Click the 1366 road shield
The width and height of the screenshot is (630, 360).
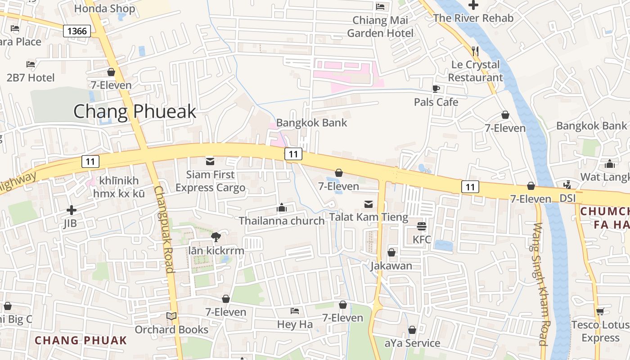point(77,31)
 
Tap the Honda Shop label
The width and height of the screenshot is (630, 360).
point(104,9)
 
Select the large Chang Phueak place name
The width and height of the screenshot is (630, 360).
point(135,111)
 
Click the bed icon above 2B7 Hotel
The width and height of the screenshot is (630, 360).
point(31,64)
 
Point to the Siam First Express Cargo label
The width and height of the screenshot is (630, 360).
point(211,181)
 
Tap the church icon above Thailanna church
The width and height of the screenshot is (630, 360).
point(282,207)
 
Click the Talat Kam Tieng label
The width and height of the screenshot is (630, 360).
point(369,217)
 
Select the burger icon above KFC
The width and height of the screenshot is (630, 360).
point(422,226)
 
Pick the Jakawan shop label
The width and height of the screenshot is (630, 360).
point(391,265)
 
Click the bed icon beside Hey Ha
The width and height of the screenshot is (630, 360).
point(295,311)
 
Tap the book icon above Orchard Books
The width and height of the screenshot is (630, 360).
point(171,316)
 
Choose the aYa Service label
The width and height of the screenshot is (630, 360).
point(412,343)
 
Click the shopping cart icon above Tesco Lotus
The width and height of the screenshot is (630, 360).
point(600,311)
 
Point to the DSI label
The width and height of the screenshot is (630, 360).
point(567,198)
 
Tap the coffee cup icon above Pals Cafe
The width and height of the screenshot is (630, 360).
point(436,89)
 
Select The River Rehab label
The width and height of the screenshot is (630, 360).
point(473,18)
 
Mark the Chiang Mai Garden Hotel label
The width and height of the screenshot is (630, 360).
point(380,27)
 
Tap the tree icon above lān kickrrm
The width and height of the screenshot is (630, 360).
point(216,237)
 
